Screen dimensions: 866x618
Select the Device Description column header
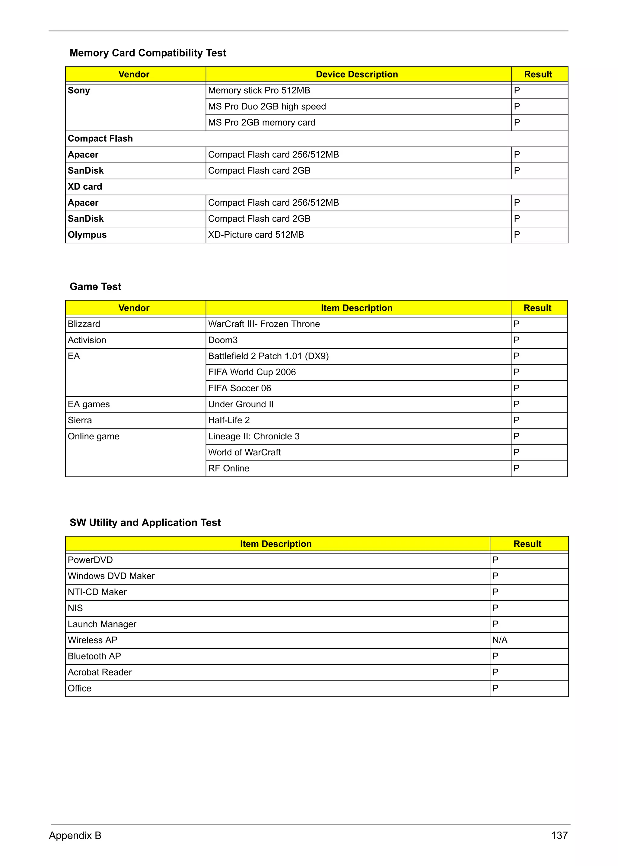click(x=357, y=74)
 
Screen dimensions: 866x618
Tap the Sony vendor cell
click(x=79, y=91)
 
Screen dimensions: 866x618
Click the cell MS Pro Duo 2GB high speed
click(x=267, y=107)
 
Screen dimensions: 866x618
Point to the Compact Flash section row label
click(x=100, y=139)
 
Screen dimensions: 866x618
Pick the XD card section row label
click(x=85, y=187)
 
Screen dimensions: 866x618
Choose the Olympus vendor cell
click(x=87, y=235)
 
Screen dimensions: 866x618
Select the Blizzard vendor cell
click(x=84, y=324)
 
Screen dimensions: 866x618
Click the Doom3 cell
click(x=223, y=340)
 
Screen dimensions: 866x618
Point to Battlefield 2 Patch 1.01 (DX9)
click(x=268, y=356)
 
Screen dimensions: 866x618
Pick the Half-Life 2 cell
click(x=229, y=420)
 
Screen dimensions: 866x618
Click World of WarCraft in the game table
click(x=244, y=452)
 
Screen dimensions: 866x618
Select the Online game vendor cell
click(x=94, y=436)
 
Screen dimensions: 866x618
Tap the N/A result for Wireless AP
click(x=500, y=640)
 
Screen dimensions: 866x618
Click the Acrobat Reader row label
click(x=100, y=672)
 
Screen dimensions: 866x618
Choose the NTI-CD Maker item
click(x=97, y=592)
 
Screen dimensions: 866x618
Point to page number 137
click(x=559, y=836)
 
